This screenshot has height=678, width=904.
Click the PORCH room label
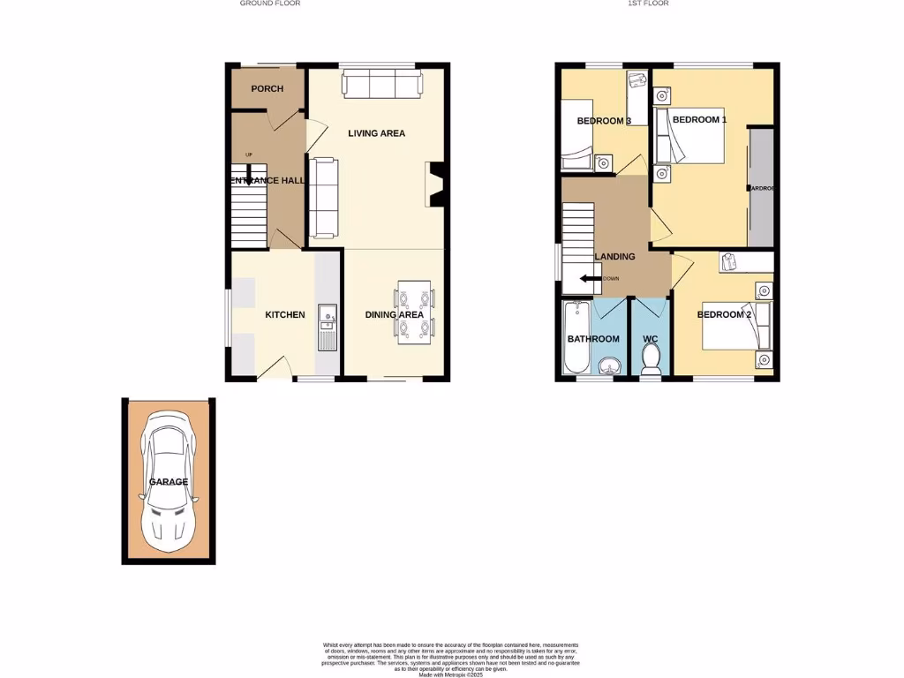[x=267, y=89]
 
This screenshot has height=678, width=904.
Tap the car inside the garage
[x=168, y=477]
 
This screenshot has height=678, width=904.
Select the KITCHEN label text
[x=285, y=315]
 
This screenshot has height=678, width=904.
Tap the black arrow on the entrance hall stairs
[x=249, y=177]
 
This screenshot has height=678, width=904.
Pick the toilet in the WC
[x=651, y=358]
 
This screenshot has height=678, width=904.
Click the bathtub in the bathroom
[x=576, y=338]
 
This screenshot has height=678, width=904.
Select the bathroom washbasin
[x=607, y=365]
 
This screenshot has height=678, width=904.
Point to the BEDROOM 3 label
[x=603, y=121]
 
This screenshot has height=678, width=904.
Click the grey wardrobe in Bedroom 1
[x=760, y=187]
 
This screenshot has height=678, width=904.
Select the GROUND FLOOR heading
[x=270, y=4]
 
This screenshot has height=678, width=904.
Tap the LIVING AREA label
[x=376, y=133]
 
